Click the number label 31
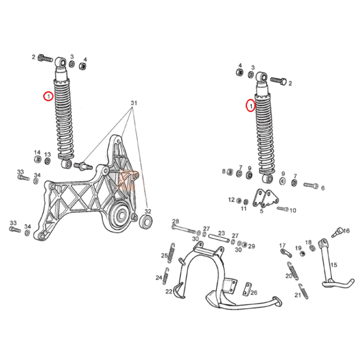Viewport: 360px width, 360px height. click(x=134, y=103)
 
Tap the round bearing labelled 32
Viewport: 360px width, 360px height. click(x=146, y=222)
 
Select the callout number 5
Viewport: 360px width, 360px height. click(x=262, y=211)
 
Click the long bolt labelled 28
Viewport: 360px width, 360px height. click(x=184, y=229)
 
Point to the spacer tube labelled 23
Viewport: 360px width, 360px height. click(x=219, y=238)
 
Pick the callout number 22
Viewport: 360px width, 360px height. click(x=169, y=291)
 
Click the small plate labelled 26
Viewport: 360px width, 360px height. click(x=247, y=289)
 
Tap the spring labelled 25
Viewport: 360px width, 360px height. click(x=171, y=252)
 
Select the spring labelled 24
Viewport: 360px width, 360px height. click(x=166, y=276)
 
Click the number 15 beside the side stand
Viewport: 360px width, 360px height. click(x=334, y=265)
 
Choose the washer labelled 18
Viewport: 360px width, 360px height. click(x=312, y=248)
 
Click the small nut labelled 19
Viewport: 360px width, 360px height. click(x=303, y=254)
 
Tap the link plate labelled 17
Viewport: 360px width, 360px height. click(x=286, y=253)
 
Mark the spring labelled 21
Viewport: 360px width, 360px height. click(x=304, y=291)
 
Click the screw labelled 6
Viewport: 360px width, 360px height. click(x=311, y=185)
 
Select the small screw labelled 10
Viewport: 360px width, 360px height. click(x=282, y=209)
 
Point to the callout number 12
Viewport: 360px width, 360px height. click(x=231, y=200)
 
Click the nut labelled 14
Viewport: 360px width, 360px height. click(x=37, y=159)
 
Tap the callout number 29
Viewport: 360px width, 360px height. click(x=252, y=246)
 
